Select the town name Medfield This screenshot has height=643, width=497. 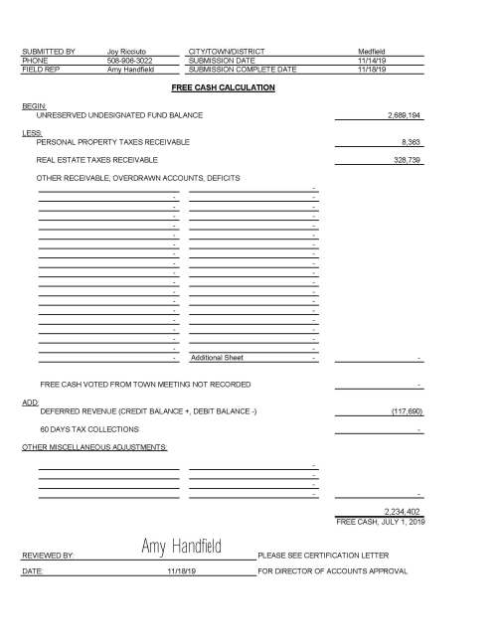pos(372,50)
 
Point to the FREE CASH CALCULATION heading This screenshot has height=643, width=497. pos(223,87)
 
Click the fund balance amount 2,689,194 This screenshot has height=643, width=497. pos(403,115)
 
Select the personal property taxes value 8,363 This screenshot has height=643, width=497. pos(412,142)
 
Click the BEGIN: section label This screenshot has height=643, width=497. pos(33,104)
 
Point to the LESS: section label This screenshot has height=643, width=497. pos(31,132)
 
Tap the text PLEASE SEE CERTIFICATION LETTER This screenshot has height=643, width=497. pos(323,555)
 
